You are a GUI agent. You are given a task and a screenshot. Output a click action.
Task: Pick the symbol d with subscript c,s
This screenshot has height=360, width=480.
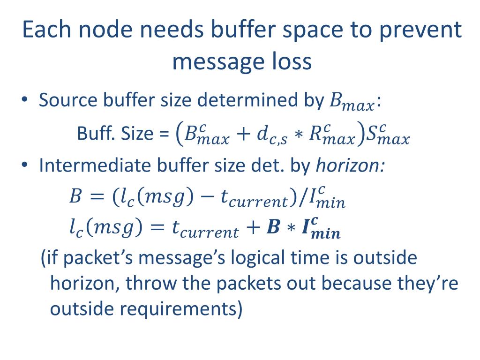coord(265,135)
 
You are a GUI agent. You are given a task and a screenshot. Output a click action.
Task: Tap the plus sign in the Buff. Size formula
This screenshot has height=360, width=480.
coord(242,135)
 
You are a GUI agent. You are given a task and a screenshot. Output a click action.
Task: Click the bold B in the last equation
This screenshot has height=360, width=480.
coord(272,229)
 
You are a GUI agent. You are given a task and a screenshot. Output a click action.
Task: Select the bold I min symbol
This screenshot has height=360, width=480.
coord(319,229)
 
